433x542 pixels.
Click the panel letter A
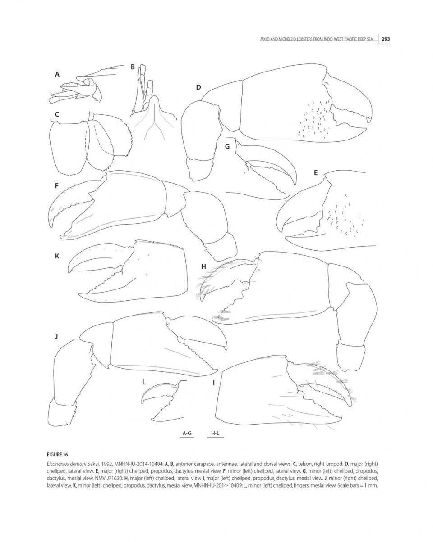tap(57, 74)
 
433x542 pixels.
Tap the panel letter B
tap(133, 67)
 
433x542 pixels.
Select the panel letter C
tap(57, 114)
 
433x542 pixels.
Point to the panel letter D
tap(198, 87)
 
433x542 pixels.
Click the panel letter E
tap(315, 172)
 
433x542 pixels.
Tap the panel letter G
tap(227, 146)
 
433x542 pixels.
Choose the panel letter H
tap(203, 266)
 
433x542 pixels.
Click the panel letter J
tap(56, 335)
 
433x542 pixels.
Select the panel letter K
tap(57, 256)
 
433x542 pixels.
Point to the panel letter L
tap(143, 381)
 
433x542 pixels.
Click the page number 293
tap(385, 39)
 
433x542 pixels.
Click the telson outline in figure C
tap(67, 149)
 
